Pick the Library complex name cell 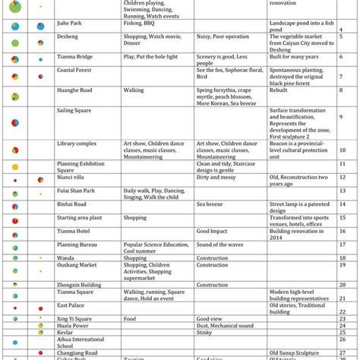click(x=78, y=143)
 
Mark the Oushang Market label click(x=79, y=265)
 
